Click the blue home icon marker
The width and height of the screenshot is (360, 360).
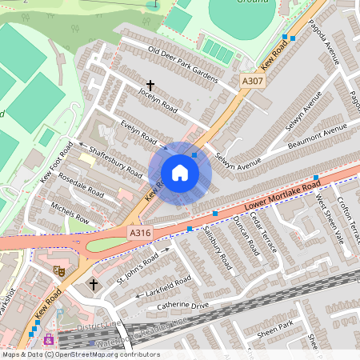pos(180,173)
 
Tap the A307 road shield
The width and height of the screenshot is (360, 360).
pos(252,81)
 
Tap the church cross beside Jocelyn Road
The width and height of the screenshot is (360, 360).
pos(150,84)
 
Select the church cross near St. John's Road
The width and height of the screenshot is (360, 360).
pos(94,284)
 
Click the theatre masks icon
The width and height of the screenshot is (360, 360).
pos(58,271)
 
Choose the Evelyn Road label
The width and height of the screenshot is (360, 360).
pos(138,132)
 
